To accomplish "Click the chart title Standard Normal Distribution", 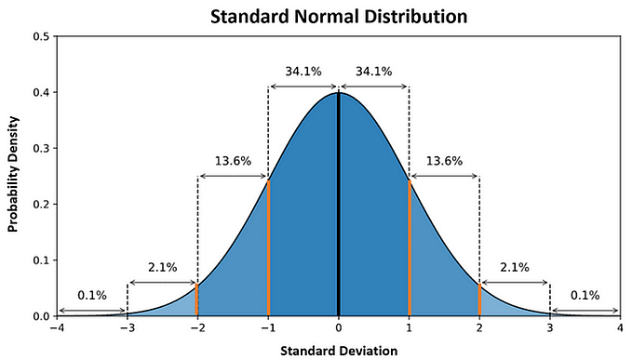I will [338, 16].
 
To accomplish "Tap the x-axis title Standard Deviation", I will [338, 350].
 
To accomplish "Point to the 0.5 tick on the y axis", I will [43, 37].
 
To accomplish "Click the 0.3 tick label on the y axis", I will [43, 149].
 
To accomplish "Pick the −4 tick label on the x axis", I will [57, 328].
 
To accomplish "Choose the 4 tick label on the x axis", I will [620, 328].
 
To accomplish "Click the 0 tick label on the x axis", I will [339, 328].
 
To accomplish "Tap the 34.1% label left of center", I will [303, 70].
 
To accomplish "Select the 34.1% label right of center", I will [373, 70].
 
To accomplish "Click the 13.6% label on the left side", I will [233, 160].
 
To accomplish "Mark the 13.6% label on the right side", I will [444, 160].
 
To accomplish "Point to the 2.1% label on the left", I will [162, 267].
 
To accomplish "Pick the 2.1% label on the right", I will [514, 267].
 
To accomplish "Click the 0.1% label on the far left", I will [92, 295].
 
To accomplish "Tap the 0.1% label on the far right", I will [585, 295].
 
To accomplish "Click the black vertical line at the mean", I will [339, 205].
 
